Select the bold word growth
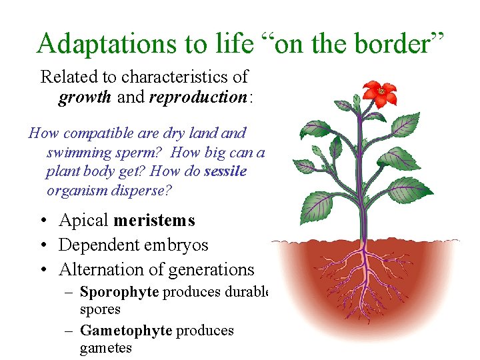click(x=85, y=97)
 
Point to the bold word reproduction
click(x=198, y=97)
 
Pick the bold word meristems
click(x=155, y=220)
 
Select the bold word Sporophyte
click(x=119, y=291)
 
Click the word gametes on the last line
click(x=106, y=348)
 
